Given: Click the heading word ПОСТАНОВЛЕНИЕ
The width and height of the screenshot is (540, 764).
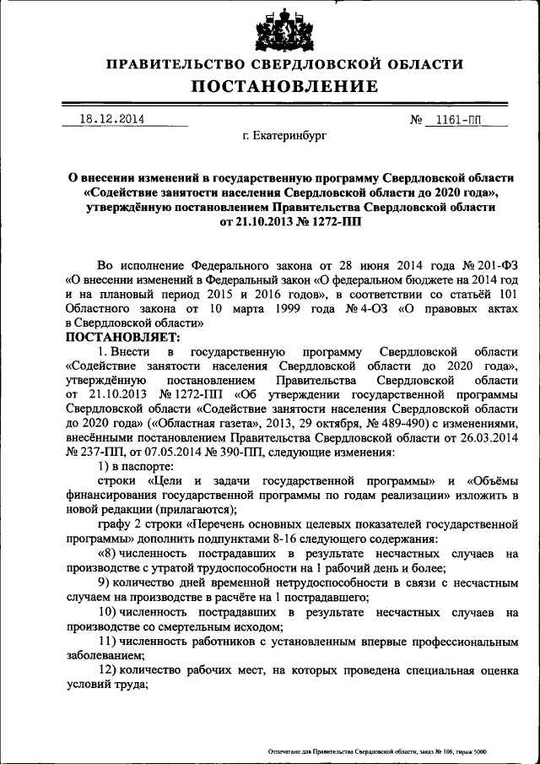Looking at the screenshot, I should (283, 86).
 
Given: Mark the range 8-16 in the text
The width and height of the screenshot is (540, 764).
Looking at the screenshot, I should (312, 538).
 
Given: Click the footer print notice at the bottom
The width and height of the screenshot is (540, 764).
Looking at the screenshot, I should (377, 750).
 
